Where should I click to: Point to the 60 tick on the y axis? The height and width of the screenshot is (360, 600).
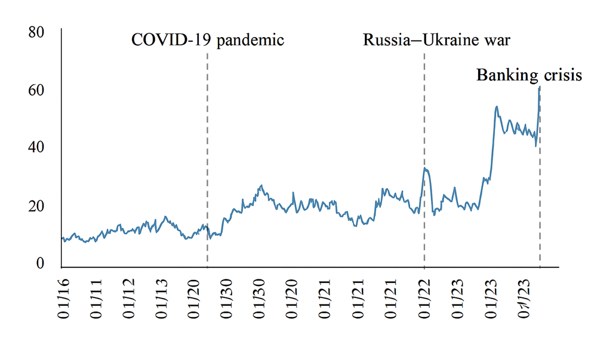(36, 90)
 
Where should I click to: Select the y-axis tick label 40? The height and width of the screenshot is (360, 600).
(36, 147)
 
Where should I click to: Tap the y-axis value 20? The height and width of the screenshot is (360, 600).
(36, 206)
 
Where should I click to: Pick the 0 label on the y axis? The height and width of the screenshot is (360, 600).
(40, 263)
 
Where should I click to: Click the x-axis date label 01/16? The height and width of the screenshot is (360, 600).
(63, 299)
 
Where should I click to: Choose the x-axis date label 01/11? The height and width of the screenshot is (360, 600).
(98, 299)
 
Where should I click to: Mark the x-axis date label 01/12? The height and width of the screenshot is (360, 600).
(133, 299)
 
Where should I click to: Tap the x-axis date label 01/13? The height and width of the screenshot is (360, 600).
(167, 299)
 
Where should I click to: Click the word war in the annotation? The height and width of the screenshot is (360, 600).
(499, 41)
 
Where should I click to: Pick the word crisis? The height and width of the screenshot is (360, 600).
(560, 76)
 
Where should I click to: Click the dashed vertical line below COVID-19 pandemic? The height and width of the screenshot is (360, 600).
(207, 149)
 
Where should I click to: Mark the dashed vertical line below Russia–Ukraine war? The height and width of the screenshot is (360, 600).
(424, 119)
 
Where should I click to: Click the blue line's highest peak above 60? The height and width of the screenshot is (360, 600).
(540, 87)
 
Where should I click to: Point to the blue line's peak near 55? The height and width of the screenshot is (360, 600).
(497, 106)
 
